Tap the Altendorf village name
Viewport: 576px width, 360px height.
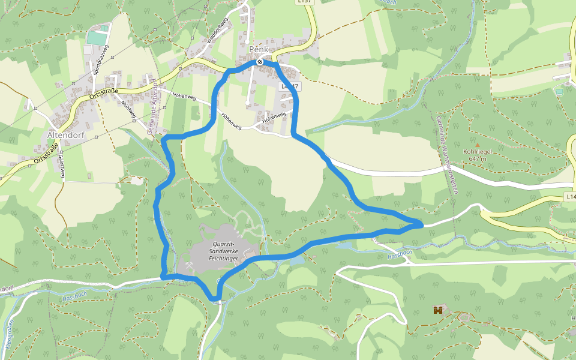(65, 136)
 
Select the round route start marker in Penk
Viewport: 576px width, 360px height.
(260, 62)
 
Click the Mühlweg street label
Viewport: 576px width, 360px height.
(127, 110)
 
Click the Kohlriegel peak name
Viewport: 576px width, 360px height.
(478, 152)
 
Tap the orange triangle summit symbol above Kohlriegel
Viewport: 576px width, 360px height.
(478, 145)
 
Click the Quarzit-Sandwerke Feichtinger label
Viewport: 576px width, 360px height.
(220, 251)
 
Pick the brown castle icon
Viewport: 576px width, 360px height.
(439, 310)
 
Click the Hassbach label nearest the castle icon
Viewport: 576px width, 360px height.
(399, 255)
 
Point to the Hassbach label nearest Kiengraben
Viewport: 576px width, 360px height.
(74, 298)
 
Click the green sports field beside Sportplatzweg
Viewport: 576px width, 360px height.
(98, 37)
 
